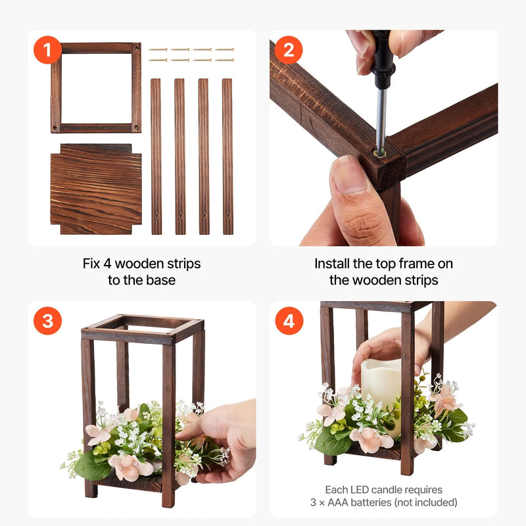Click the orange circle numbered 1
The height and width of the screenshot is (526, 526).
point(47,50)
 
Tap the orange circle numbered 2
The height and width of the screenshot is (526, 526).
point(289,50)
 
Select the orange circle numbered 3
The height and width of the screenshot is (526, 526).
point(47,321)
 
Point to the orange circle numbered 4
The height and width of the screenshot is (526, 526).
point(289,321)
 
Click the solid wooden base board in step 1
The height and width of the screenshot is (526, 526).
point(96,189)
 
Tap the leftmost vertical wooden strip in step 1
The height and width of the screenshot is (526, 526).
point(156,156)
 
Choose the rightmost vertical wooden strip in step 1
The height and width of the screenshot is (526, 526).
point(227,156)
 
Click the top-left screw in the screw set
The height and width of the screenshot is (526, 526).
point(158,50)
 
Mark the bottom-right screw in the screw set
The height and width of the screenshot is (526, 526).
point(224,60)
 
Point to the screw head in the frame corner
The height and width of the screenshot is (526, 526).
point(380,154)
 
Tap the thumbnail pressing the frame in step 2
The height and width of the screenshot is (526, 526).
point(349,174)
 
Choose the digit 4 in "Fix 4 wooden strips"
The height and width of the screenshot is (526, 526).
point(107,264)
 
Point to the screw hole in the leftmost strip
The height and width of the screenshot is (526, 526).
point(156,216)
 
